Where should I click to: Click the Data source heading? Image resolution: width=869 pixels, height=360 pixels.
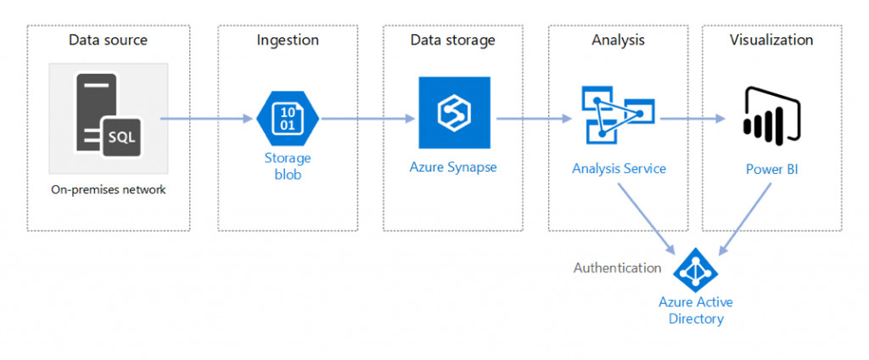(x=108, y=40)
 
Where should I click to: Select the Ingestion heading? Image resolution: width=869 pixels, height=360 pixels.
(x=288, y=40)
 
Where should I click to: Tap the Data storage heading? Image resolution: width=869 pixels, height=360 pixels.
(x=452, y=40)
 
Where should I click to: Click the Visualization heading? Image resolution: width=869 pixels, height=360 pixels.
(x=771, y=40)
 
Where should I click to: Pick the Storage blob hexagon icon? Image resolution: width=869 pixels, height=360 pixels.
(x=287, y=119)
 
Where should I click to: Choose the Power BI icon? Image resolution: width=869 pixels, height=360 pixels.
(x=771, y=114)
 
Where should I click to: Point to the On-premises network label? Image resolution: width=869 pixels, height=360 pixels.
(x=108, y=189)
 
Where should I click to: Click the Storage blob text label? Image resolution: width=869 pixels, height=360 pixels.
(x=287, y=166)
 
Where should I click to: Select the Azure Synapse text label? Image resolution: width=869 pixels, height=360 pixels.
(x=453, y=166)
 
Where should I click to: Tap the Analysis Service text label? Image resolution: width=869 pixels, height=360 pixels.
(x=619, y=168)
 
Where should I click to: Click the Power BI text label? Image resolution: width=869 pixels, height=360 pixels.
(x=771, y=169)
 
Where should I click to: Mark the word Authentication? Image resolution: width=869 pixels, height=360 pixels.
(x=617, y=268)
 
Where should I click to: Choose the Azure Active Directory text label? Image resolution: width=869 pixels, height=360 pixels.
(x=696, y=311)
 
